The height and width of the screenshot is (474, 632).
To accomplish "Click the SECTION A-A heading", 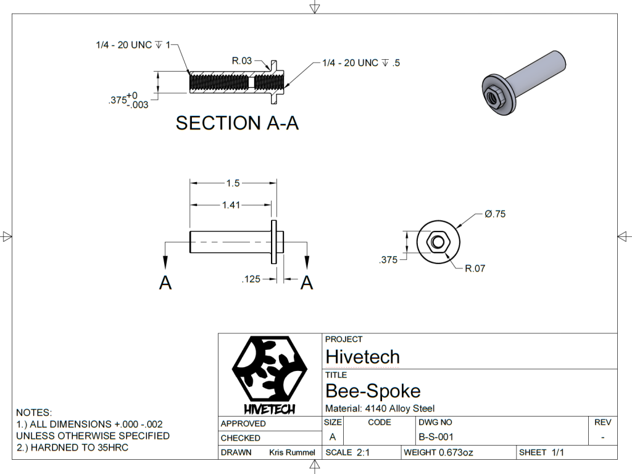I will [x=237, y=123].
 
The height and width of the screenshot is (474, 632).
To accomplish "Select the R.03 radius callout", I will [x=242, y=60].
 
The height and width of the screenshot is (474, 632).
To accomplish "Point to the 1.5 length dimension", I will [x=233, y=183].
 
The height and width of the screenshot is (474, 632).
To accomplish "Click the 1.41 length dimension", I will [x=231, y=205].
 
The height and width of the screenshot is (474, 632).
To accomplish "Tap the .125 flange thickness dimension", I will [x=252, y=280].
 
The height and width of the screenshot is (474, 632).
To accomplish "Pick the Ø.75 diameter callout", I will [x=495, y=214].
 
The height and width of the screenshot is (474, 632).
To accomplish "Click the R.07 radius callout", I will [x=475, y=269].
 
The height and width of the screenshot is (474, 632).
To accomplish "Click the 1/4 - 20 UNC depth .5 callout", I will [x=361, y=63].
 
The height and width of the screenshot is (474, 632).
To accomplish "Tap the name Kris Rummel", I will [x=292, y=452].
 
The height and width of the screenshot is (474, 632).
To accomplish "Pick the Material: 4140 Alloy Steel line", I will [x=380, y=408].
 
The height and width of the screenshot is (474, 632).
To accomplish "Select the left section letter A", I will [x=165, y=283].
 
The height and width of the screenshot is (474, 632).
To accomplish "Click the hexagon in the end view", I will [x=438, y=241].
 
